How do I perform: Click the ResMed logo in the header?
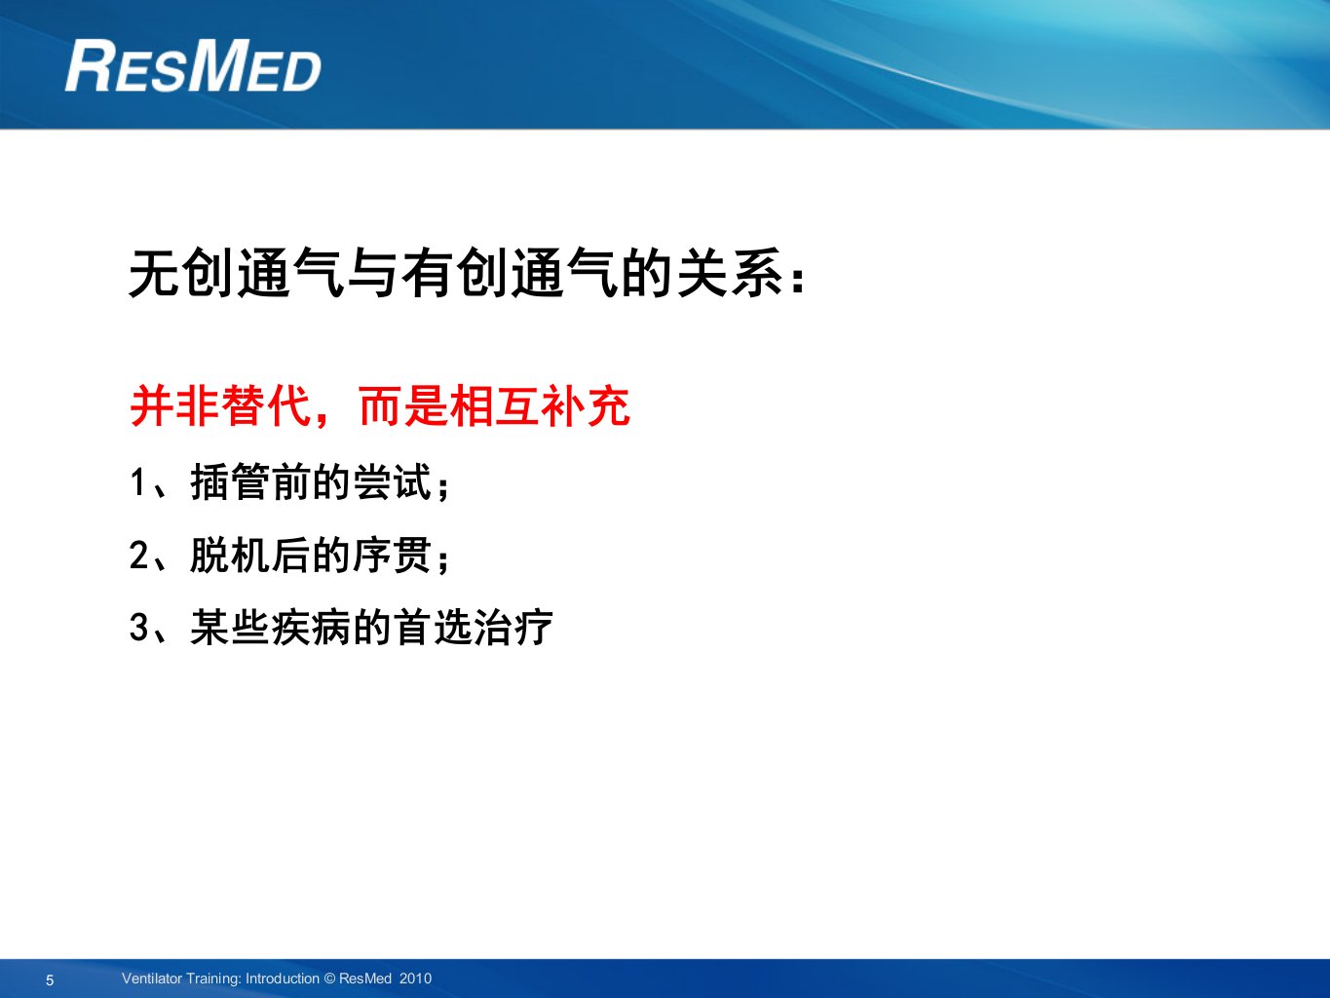pos(193,65)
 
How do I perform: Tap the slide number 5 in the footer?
pos(50,980)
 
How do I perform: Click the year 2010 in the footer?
pos(416,979)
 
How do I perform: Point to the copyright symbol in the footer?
pos(329,979)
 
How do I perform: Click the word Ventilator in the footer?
pos(151,979)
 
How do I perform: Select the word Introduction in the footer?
pos(283,979)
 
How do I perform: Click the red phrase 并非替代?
pos(221,405)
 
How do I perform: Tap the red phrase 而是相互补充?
pos(494,405)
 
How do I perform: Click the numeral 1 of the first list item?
pos(138,483)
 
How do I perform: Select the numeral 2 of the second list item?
pos(138,556)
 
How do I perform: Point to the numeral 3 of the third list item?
pos(138,627)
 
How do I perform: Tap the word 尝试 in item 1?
pos(392,482)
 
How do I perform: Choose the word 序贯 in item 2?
pos(392,556)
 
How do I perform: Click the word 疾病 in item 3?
pos(311,627)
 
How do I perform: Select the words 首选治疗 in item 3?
pos(474,627)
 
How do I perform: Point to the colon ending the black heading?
pos(798,280)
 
